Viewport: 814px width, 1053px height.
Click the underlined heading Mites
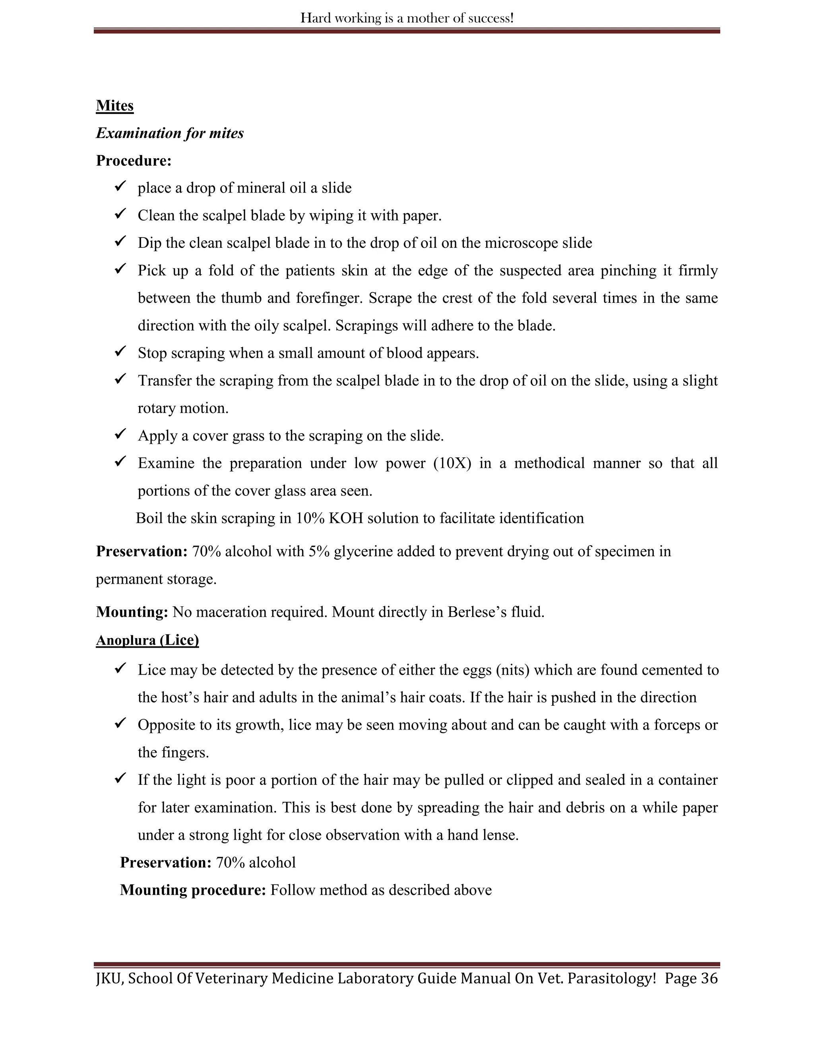click(115, 106)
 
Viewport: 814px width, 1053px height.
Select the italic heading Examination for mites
click(170, 133)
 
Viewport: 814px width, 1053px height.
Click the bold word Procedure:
click(134, 161)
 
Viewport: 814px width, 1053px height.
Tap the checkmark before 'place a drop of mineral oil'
click(120, 186)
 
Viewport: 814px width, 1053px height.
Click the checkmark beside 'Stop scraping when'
click(120, 352)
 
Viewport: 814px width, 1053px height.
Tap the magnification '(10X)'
click(452, 463)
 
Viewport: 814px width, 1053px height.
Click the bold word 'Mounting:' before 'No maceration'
click(132, 612)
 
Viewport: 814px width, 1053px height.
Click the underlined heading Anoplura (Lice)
click(147, 640)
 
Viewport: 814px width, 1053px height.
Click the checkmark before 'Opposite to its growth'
click(120, 723)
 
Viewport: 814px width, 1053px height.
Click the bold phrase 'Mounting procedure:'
click(193, 890)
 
